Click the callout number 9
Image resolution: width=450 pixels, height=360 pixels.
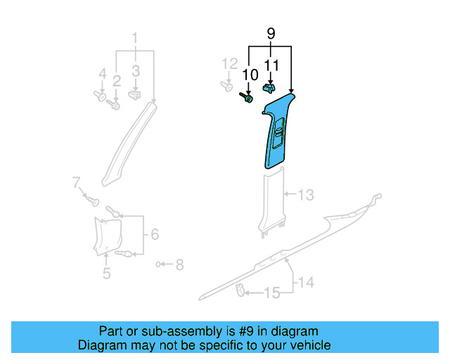point(271,32)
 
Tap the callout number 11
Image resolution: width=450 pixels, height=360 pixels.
point(271,65)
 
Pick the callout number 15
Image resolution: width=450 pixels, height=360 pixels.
point(271,292)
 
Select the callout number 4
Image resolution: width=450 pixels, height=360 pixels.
point(103,73)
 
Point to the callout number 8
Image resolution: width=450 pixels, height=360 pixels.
point(179,264)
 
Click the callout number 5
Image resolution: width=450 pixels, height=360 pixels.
point(106,274)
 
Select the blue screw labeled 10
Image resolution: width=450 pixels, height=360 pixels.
point(247,98)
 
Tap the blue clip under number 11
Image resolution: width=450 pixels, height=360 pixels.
point(269,89)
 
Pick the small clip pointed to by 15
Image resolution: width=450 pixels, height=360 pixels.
point(240,289)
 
